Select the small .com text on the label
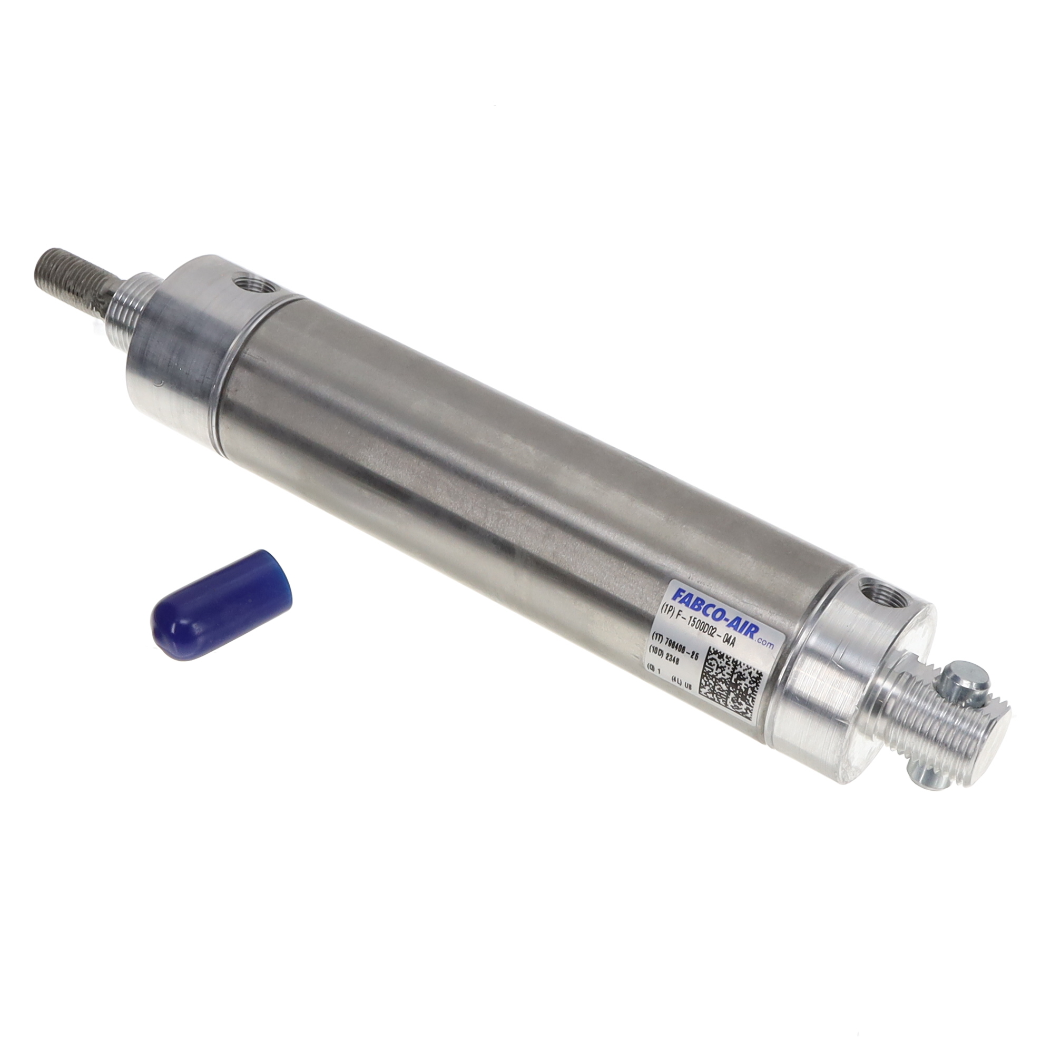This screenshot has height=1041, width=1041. tap(764, 642)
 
